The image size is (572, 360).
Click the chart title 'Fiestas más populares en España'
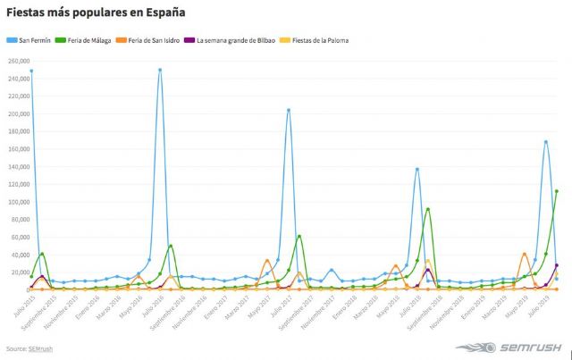pyautogui.click(x=97, y=13)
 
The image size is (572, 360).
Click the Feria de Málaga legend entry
pyautogui.click(x=90, y=40)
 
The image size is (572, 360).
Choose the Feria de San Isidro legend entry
pyautogui.click(x=157, y=40)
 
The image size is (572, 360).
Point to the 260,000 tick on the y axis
pyautogui.click(x=18, y=61)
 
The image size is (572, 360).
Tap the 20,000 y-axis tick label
pyautogui.click(x=18, y=272)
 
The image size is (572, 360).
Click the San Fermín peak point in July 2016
pyautogui.click(x=160, y=70)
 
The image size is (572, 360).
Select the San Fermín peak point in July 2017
pyautogui.click(x=289, y=110)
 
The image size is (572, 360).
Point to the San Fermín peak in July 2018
pyautogui.click(x=417, y=169)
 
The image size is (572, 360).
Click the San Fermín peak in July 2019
pyautogui.click(x=545, y=142)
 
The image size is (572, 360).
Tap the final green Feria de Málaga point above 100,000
pyautogui.click(x=556, y=190)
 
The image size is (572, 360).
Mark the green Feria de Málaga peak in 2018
pyautogui.click(x=428, y=209)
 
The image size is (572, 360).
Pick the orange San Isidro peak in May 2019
pyautogui.click(x=525, y=254)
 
